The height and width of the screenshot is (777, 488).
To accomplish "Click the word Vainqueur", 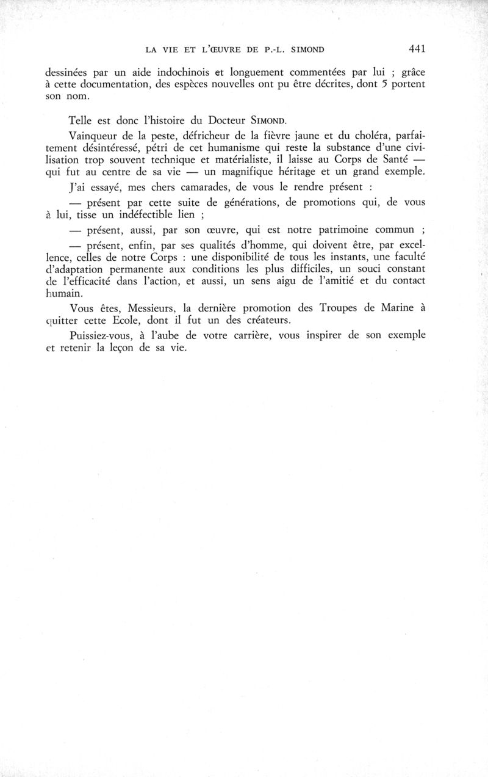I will click(98, 140).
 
